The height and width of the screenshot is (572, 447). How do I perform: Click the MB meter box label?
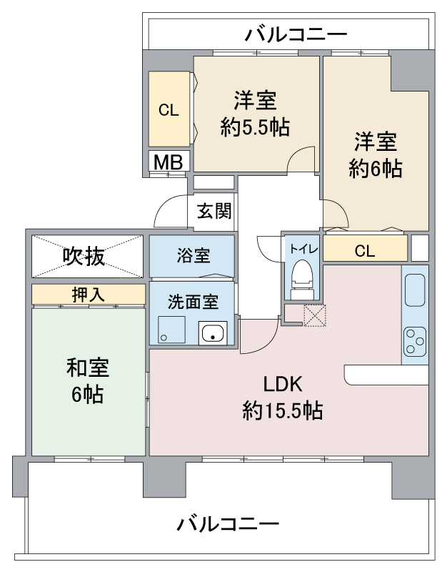(169, 162)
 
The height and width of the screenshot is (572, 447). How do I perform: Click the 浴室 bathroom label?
(191, 255)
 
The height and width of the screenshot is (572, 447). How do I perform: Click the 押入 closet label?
(89, 294)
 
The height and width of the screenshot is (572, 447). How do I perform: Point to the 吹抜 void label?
(89, 255)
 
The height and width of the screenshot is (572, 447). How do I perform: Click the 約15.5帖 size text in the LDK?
(283, 410)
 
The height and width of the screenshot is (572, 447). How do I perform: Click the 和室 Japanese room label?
(87, 368)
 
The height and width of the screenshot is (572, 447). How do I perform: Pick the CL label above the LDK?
(364, 251)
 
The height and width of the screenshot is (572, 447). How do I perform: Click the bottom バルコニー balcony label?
(228, 524)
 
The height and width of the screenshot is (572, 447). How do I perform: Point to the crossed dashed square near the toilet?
(314, 315)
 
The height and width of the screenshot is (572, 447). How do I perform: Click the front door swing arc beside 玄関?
(170, 211)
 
